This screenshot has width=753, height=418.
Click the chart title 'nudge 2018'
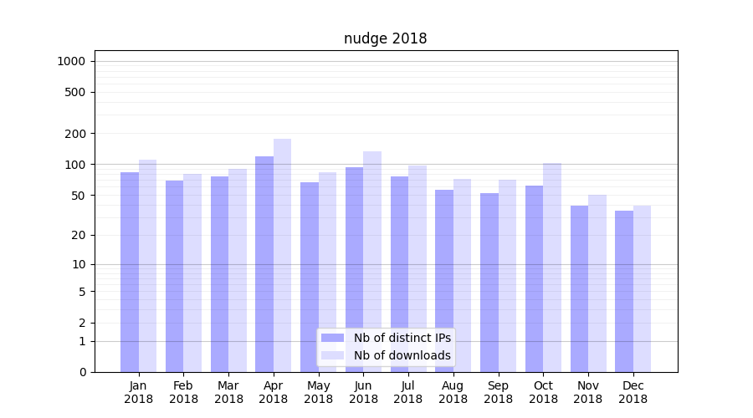[x=385, y=38]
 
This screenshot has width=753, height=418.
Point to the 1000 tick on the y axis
[x=71, y=61]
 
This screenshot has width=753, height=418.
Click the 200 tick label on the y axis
[x=75, y=134]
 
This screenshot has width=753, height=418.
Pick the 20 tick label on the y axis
[x=78, y=235]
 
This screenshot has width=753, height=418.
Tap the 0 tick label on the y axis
[x=82, y=372]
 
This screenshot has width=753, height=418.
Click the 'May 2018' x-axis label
[x=319, y=392]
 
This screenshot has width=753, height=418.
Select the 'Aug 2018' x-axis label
[x=453, y=392]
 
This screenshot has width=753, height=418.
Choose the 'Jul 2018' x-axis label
[x=408, y=392]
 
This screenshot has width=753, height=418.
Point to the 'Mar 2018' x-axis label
[x=228, y=392]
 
